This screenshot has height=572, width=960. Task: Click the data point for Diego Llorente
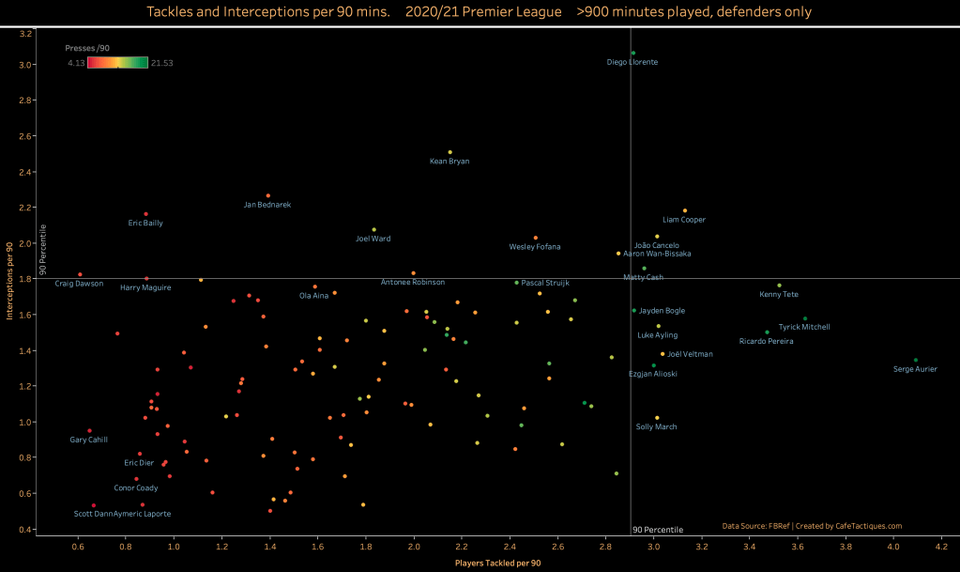(633, 54)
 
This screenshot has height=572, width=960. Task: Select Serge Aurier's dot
(916, 360)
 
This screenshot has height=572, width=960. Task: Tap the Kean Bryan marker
(450, 152)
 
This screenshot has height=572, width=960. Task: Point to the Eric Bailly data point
(145, 214)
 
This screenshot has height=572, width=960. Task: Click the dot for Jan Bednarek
(268, 195)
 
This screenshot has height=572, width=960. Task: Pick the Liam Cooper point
(685, 210)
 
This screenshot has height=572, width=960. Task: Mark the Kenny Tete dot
(779, 286)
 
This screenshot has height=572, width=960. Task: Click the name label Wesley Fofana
(535, 247)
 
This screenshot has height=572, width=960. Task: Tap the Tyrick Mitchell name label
(803, 328)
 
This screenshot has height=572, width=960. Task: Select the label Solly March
(657, 427)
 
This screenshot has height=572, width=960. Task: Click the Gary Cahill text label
(89, 440)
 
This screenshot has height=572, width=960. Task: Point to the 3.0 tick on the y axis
(26, 65)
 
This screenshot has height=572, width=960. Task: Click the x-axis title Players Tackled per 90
(497, 562)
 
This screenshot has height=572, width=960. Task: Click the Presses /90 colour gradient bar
(117, 63)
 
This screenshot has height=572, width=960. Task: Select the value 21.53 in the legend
(161, 63)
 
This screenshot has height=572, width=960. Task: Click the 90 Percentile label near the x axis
(658, 530)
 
